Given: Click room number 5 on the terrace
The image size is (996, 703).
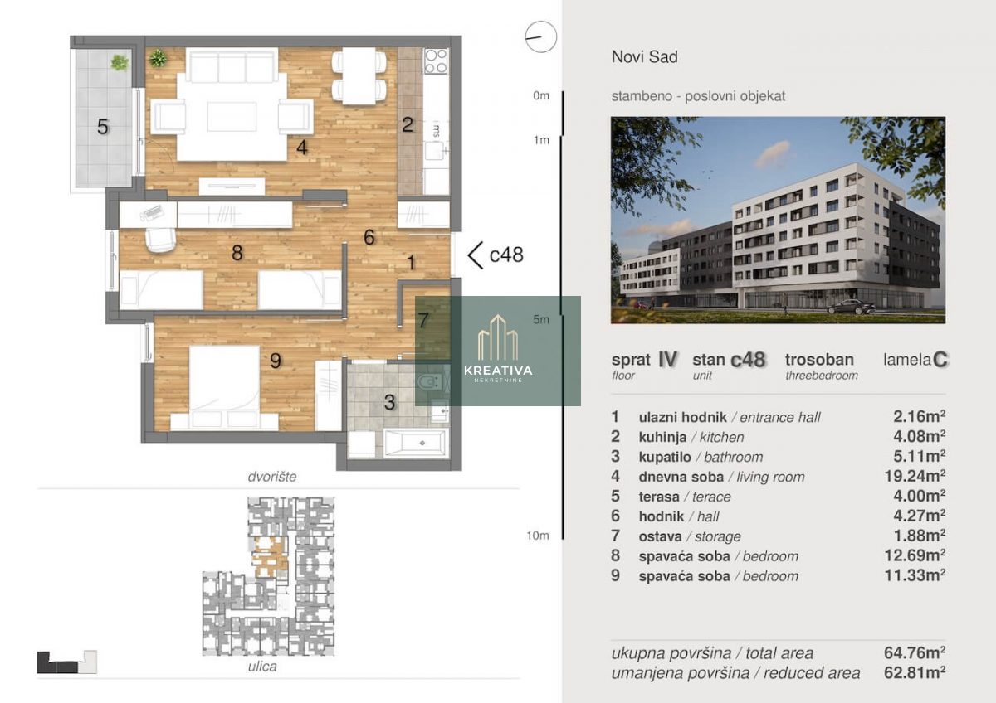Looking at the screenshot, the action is [103, 127].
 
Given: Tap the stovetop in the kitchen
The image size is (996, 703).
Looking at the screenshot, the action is [435, 61].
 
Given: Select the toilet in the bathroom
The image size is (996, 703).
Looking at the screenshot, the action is [430, 381].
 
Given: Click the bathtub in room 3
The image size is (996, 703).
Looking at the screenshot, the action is [414, 443].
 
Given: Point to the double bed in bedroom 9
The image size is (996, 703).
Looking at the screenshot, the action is [225, 387].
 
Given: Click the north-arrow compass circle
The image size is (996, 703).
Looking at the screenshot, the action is [540, 37].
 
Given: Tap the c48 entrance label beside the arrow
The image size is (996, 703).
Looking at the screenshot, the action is [506, 255].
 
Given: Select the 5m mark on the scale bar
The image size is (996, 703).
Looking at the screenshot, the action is [541, 319].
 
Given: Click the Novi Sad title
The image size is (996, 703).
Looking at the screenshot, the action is [644, 57].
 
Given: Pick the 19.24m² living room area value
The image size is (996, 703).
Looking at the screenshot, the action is [915, 476].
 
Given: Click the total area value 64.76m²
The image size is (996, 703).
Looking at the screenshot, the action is [915, 652].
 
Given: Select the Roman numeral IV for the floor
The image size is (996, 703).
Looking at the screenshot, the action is [667, 359].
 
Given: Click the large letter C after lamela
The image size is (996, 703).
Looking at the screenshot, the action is [940, 359].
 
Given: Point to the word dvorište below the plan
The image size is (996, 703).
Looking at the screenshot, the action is [272, 477].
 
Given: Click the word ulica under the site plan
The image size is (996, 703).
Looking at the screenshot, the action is [262, 667].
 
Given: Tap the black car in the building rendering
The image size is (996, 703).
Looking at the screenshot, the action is [851, 307].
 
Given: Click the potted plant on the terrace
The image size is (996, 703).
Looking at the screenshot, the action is [120, 63].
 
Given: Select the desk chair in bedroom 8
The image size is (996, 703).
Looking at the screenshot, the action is [160, 240].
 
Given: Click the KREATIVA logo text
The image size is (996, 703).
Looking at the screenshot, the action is [498, 371].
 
